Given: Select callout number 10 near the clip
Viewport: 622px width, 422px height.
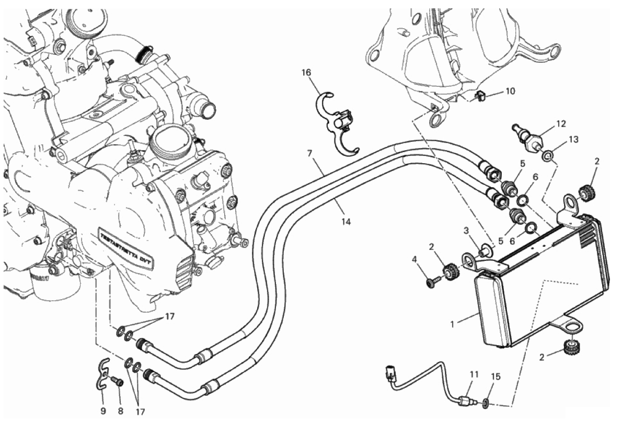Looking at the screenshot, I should (510, 92).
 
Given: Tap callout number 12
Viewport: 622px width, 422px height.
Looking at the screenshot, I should (560, 124).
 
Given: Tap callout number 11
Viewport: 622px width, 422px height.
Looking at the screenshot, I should (474, 374).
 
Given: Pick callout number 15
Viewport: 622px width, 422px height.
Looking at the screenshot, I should (496, 376).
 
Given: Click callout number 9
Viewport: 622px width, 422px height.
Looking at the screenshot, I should (103, 410).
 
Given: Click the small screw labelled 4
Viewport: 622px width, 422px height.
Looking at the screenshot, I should (432, 282).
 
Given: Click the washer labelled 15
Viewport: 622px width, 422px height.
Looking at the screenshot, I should (486, 403).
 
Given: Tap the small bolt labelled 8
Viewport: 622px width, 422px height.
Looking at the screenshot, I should (118, 382).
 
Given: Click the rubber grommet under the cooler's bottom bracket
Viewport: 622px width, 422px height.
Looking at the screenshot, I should (573, 346).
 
